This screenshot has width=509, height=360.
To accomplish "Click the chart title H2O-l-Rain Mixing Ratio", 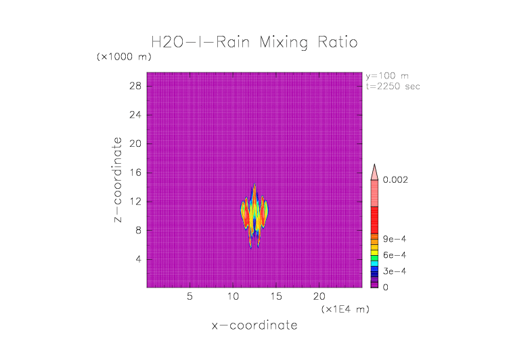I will click(255, 43).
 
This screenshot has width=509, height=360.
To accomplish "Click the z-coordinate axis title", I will click(118, 180).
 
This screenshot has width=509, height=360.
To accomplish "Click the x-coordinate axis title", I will click(255, 325).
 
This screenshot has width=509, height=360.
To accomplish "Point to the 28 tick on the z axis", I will click(135, 86).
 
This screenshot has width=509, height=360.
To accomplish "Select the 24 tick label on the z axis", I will click(135, 115).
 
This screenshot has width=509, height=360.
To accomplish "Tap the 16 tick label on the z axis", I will click(135, 173).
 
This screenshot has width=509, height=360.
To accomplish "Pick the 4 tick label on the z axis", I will click(137, 259).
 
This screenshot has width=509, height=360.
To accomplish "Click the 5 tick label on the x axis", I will click(190, 296).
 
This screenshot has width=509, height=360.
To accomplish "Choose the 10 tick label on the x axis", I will click(233, 296).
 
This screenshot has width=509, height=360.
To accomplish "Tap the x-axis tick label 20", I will click(319, 296).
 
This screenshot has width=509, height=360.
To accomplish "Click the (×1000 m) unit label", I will click(124, 57).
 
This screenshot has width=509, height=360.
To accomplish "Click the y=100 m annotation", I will click(387, 76).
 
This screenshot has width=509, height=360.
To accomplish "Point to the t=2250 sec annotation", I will click(393, 86).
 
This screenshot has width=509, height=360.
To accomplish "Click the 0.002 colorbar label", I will click(396, 180).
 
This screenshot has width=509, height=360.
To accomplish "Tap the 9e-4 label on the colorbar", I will click(393, 239).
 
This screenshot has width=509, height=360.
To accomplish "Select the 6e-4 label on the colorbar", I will click(393, 255).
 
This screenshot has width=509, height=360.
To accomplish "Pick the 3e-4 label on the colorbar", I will click(393, 271).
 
